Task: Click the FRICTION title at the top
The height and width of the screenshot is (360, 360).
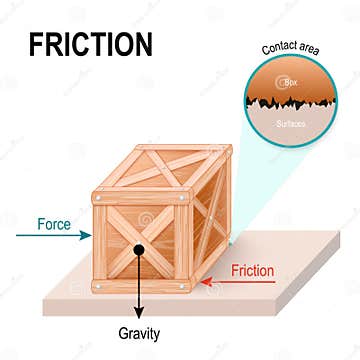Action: coord(90,44)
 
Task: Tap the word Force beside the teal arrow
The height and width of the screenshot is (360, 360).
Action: coord(54,224)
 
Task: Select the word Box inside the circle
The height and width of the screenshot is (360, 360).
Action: coord(292,83)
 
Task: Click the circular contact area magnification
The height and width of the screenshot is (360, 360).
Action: coord(292,100)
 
